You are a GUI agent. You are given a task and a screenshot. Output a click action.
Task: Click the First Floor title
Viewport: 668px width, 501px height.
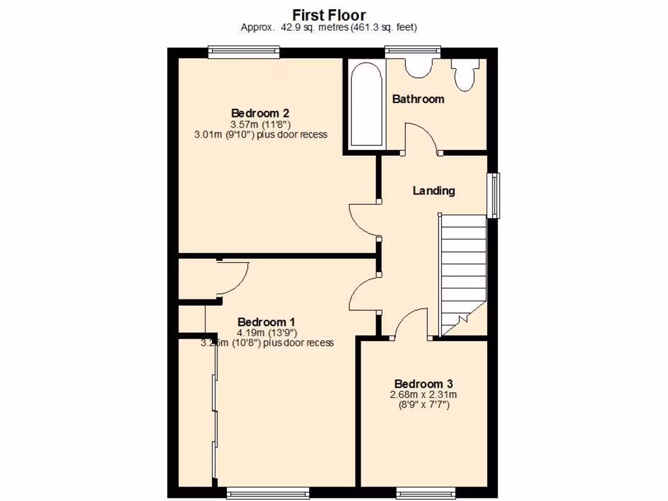329,14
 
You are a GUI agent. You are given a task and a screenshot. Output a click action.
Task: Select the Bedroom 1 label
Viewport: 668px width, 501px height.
266,322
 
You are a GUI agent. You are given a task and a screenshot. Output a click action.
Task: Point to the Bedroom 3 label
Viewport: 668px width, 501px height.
423,384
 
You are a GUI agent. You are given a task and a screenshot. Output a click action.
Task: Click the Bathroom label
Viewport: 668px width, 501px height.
418,99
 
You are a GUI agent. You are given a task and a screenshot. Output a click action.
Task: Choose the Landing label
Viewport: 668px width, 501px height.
434,191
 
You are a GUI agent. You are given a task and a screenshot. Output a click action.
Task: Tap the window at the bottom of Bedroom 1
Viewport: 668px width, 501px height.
267,493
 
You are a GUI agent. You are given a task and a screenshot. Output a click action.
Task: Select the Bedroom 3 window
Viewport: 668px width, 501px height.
425,493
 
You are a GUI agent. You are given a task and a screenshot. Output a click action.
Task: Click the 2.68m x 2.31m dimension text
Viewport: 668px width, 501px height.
423,395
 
